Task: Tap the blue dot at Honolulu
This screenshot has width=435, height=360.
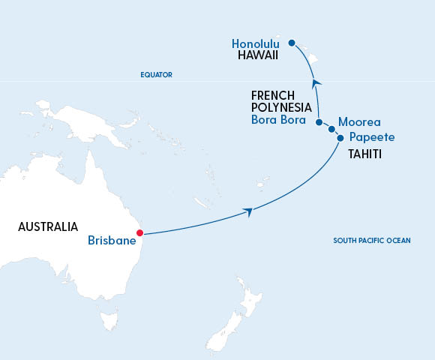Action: [x=292, y=43]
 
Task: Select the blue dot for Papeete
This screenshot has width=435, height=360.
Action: [x=340, y=137]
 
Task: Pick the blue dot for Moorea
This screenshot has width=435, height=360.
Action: [x=331, y=129]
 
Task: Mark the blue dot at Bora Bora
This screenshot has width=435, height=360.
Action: [x=319, y=121]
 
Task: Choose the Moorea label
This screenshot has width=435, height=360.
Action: [x=360, y=121]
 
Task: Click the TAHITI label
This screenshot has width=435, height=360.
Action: [x=366, y=154]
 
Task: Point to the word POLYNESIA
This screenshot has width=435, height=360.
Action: [x=281, y=108]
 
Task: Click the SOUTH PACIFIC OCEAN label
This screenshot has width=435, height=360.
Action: [x=373, y=241]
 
